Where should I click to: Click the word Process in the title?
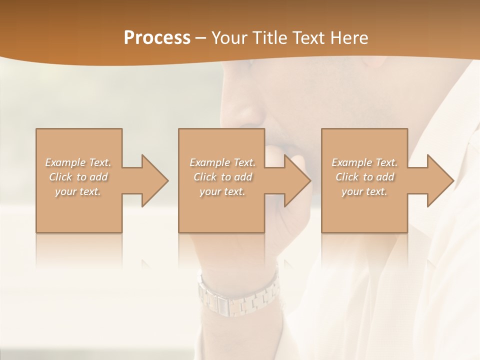[157, 37]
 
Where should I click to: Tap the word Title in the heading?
[270, 37]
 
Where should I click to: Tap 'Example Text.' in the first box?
[78, 162]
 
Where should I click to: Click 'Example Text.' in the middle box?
[222, 162]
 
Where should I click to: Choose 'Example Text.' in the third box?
[364, 162]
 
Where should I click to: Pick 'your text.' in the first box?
[78, 191]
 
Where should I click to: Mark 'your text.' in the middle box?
[222, 191]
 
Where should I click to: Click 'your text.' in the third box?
[364, 191]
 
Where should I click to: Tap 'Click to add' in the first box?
[78, 177]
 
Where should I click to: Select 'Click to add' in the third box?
[365, 177]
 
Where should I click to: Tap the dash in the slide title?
[201, 38]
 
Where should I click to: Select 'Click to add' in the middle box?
[223, 177]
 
